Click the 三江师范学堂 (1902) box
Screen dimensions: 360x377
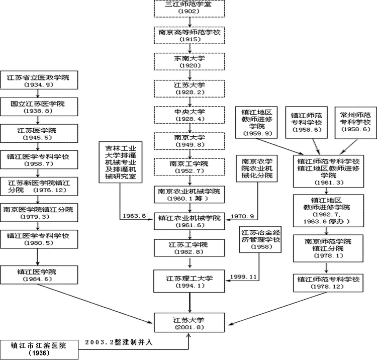click(x=189, y=8)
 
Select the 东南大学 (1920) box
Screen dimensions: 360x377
click(x=189, y=62)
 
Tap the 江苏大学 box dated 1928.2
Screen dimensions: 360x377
click(x=189, y=88)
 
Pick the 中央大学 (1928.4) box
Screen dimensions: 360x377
click(x=189, y=115)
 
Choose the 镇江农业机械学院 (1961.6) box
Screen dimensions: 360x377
click(x=189, y=221)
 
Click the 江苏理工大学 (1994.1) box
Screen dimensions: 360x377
click(x=189, y=282)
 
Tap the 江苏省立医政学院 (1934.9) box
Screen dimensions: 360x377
click(x=39, y=81)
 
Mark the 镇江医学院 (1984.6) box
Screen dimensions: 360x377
click(x=39, y=275)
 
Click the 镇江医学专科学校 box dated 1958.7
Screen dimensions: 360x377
click(x=39, y=160)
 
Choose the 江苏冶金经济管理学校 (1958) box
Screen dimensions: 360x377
click(x=260, y=239)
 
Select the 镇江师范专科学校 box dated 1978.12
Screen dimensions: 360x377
click(x=328, y=283)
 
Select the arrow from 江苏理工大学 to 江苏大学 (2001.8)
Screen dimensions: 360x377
click(x=189, y=303)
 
